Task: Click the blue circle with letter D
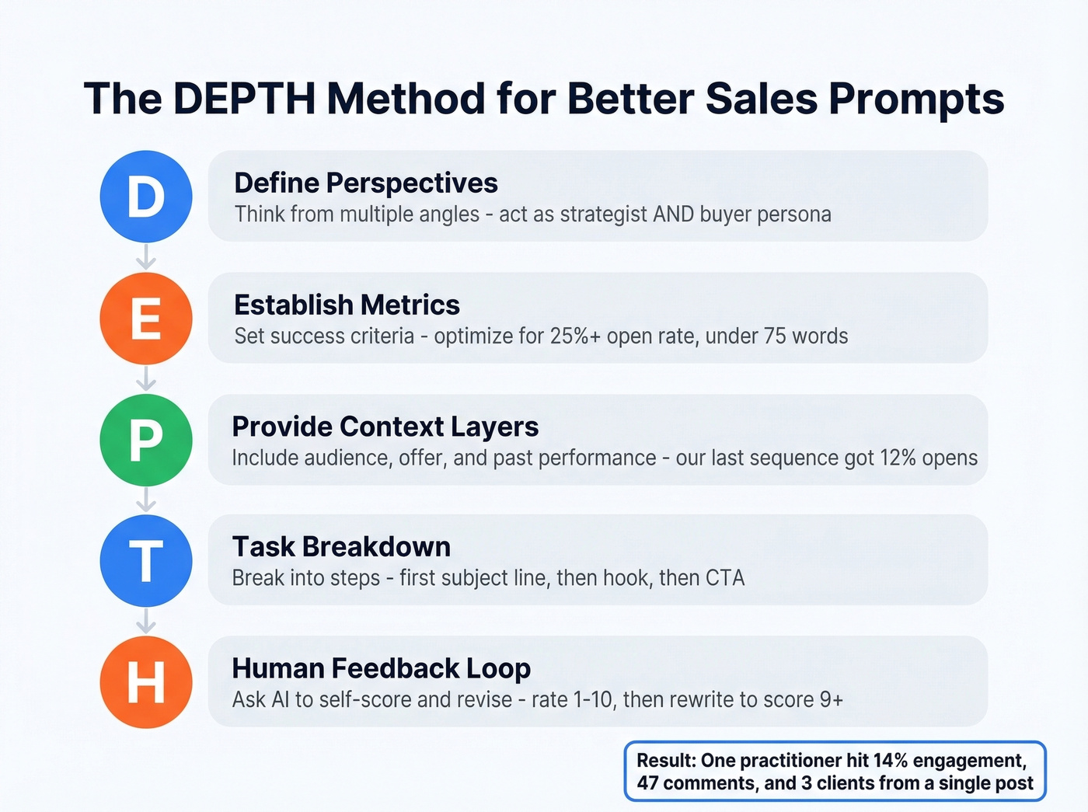click(x=146, y=197)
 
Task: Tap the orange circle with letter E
click(x=146, y=318)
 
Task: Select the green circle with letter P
click(x=146, y=440)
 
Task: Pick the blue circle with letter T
click(x=146, y=560)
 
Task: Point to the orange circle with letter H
click(x=146, y=681)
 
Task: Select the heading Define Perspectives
click(x=366, y=183)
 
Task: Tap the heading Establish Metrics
click(x=347, y=305)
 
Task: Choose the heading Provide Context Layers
click(x=385, y=427)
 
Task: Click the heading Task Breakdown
click(x=341, y=547)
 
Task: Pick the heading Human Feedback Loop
click(x=381, y=668)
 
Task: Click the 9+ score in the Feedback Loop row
click(x=832, y=699)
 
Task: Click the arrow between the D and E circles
click(x=146, y=257)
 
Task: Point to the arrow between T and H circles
click(x=146, y=622)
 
